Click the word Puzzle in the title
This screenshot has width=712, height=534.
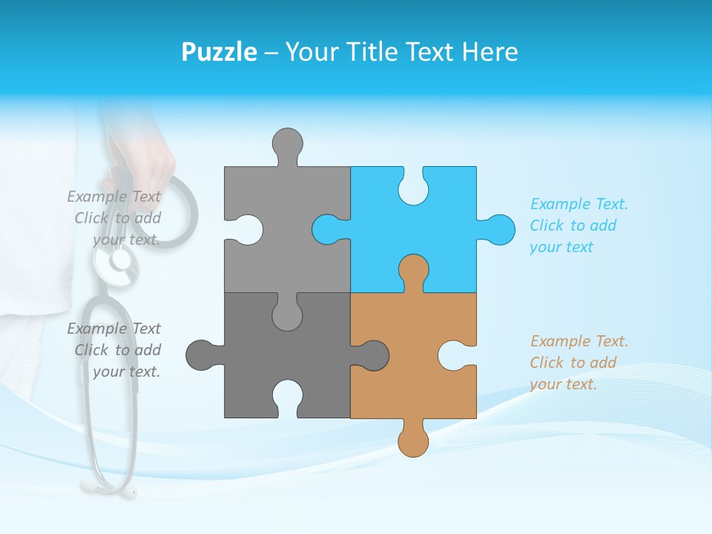point(219,53)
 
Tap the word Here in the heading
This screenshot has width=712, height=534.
point(489,53)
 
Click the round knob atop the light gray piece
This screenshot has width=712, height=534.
point(287,142)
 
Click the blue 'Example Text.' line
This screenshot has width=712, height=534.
point(579,204)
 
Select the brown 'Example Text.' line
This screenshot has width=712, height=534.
point(579,341)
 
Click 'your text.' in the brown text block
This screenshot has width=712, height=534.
point(563,384)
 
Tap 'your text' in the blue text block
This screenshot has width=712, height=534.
point(561,247)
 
